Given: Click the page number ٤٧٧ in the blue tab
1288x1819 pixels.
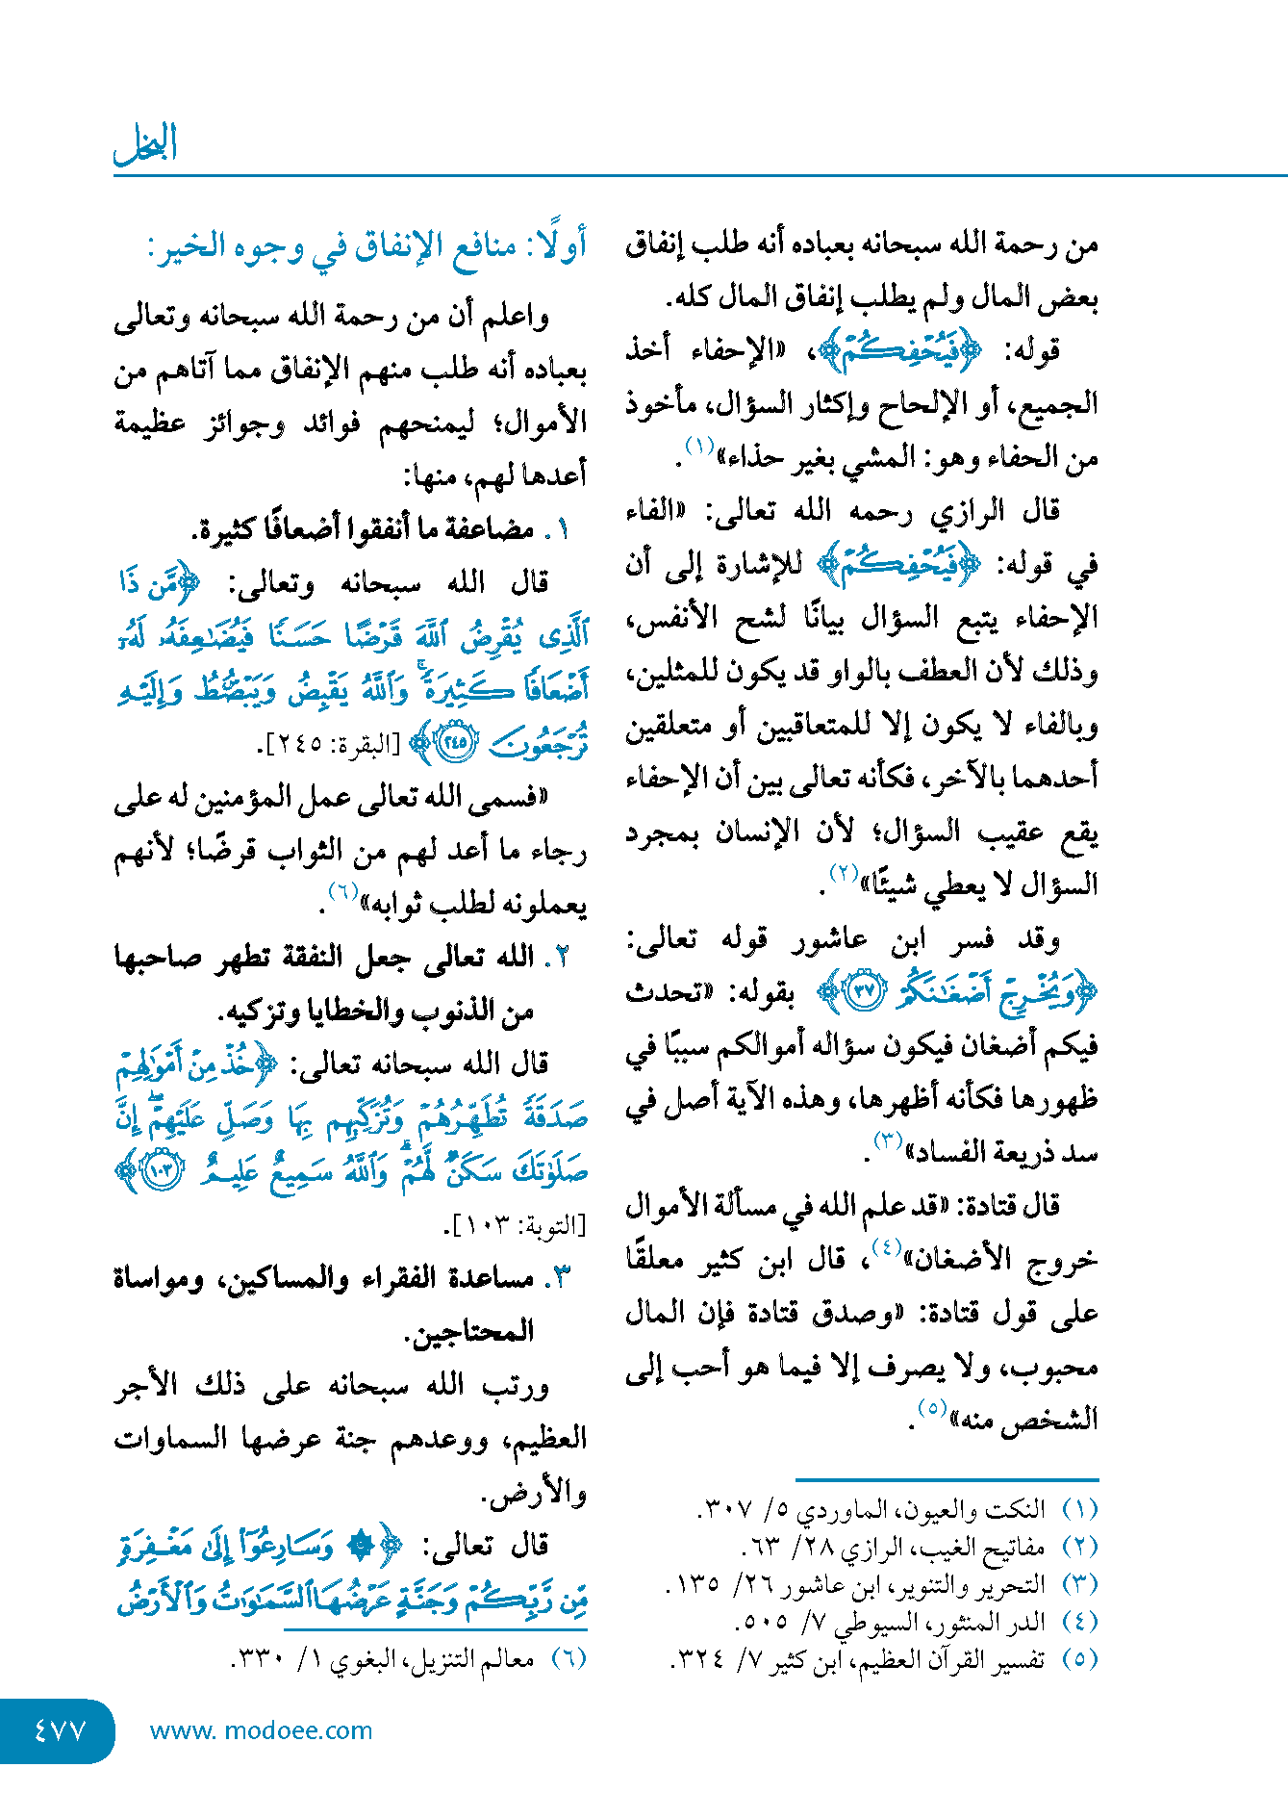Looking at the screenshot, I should [60, 1730].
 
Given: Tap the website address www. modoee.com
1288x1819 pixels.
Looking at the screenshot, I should [261, 1730].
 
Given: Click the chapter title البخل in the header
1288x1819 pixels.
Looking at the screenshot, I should [146, 144].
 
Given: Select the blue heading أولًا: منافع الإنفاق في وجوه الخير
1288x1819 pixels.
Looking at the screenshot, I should [366, 247].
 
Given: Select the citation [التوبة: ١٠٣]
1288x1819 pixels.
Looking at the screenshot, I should [514, 1226].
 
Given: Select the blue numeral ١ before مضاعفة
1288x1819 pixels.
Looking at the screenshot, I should [564, 530].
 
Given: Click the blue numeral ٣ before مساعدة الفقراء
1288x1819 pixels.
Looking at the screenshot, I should [564, 1279].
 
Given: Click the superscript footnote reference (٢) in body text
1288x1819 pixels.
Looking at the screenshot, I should [844, 874].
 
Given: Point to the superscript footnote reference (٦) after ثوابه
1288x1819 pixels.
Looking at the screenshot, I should [342, 891].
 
